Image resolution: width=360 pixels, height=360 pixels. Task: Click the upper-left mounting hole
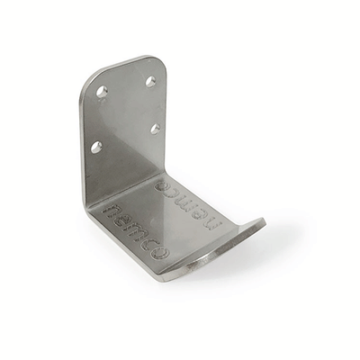click(102, 91)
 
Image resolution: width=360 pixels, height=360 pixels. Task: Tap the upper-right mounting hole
click(150, 81)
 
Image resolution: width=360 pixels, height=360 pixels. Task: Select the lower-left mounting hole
click(96, 146)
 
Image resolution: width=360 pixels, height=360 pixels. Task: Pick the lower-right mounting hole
click(155, 129)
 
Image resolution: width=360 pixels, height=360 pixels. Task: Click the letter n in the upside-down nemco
click(221, 221)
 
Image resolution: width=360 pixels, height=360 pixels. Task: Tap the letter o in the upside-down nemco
click(166, 185)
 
